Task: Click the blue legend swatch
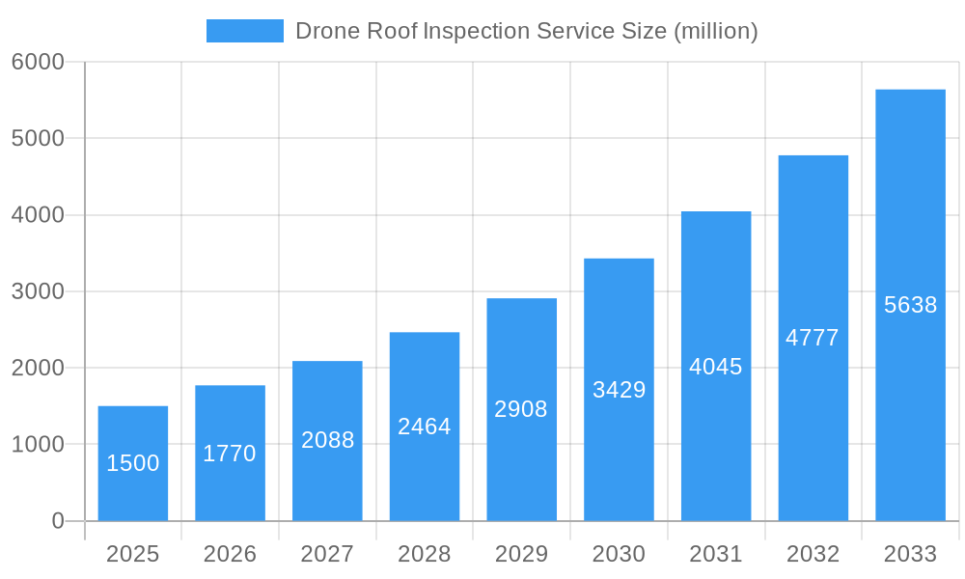point(245,31)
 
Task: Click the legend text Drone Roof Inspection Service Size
point(481,31)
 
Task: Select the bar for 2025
point(133,463)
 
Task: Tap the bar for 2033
point(910,305)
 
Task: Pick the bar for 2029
point(521,409)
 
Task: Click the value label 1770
point(230,454)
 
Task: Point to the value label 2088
point(327,440)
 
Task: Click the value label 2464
point(425,427)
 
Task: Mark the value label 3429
point(619,390)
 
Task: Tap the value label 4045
point(716,367)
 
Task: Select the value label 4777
point(813,338)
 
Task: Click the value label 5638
point(910,305)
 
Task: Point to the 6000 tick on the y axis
point(38,62)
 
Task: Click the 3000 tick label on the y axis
point(38,291)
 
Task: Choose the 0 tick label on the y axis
point(57,521)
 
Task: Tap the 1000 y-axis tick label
point(38,445)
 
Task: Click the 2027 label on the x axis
point(327,554)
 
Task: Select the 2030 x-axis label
point(619,554)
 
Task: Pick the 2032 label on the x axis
point(813,554)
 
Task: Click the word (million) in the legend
point(715,31)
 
